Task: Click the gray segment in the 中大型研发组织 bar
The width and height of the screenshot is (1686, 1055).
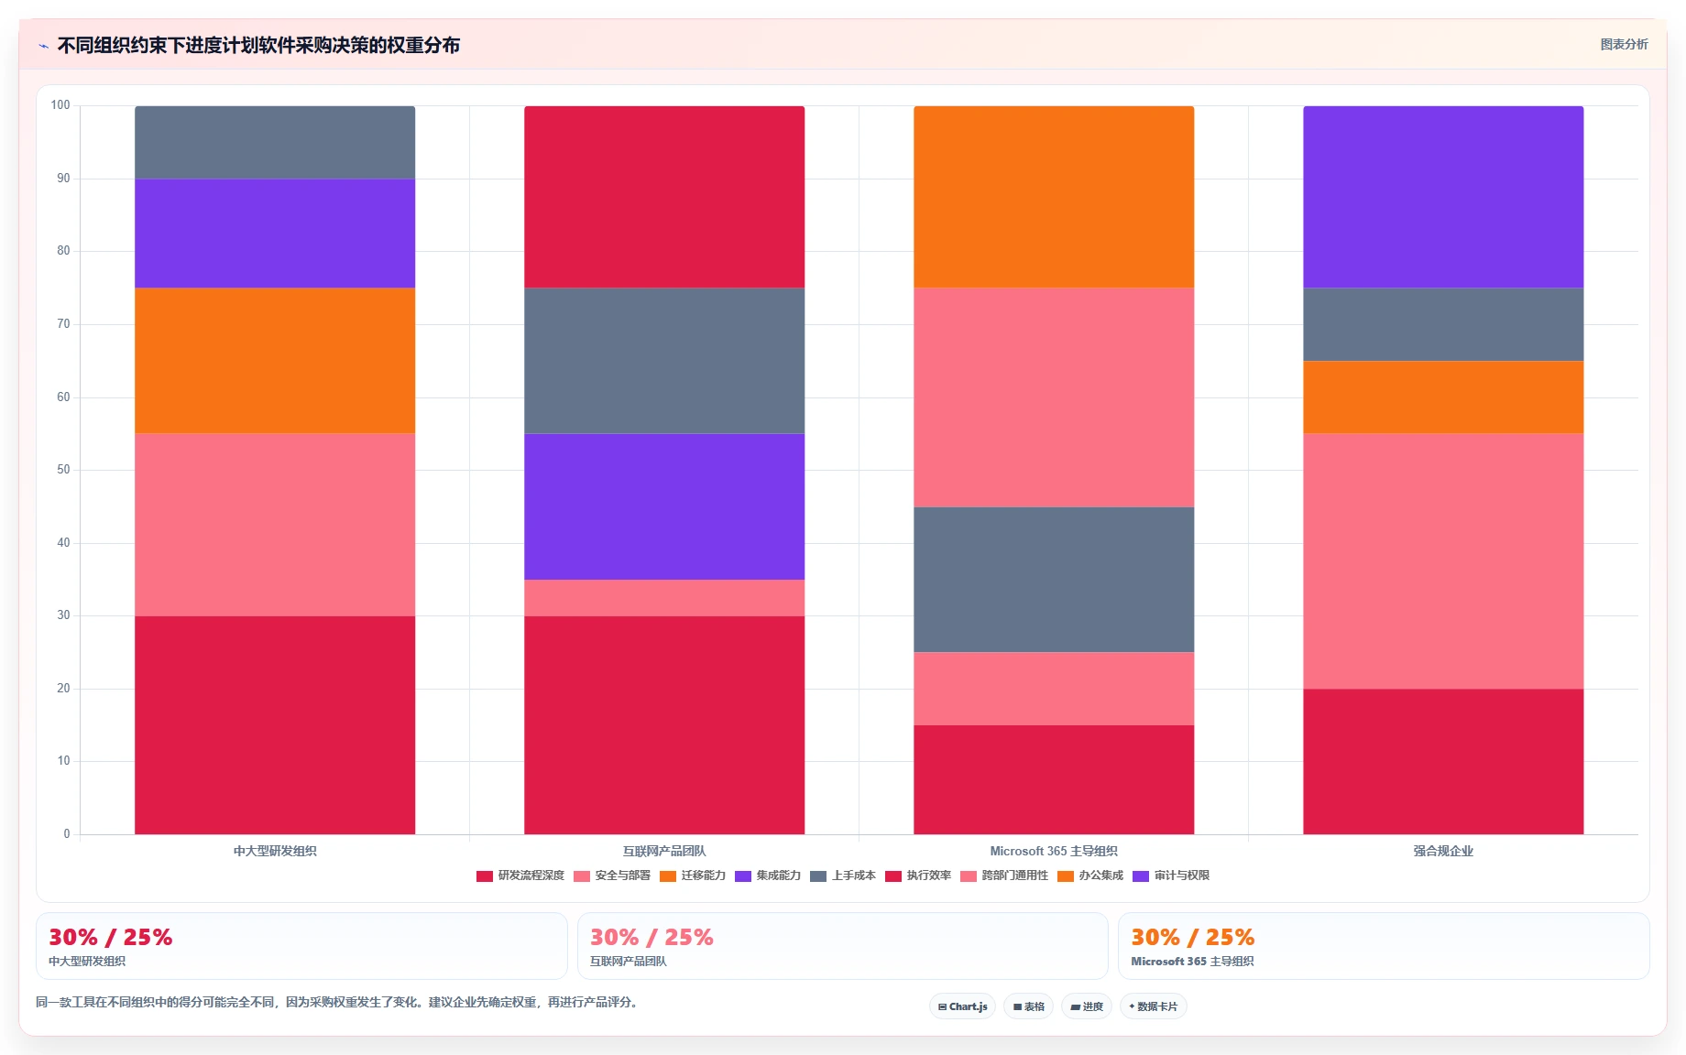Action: pos(275,142)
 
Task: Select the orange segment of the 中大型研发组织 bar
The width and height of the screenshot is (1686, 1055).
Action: pos(275,361)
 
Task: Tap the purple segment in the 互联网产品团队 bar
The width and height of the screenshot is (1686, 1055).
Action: pos(664,506)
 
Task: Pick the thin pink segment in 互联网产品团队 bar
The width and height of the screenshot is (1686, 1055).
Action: pos(664,598)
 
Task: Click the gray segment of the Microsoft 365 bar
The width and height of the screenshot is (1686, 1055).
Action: pos(1054,580)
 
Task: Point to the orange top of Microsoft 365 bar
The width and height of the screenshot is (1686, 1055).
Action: pos(1054,197)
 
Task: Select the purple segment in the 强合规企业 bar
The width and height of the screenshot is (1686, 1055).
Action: pos(1443,197)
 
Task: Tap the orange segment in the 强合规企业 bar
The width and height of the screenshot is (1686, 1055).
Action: pos(1443,397)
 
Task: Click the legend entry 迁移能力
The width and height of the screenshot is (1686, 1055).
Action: pos(693,876)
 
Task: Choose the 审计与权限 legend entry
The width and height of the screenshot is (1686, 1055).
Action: pos(1171,876)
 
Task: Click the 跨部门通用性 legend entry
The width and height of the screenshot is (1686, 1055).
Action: pos(1004,876)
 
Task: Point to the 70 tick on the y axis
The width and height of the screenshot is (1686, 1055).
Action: pos(63,324)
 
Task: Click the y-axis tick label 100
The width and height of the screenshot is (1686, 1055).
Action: pos(60,105)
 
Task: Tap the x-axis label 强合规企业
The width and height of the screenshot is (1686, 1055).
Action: pos(1443,851)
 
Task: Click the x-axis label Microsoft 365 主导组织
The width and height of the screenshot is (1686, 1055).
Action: pos(1054,851)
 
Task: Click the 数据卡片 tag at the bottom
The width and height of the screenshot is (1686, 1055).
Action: pos(1154,1006)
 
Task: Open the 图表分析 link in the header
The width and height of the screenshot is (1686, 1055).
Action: pos(1624,44)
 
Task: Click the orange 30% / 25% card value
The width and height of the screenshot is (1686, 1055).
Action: pos(1192,937)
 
